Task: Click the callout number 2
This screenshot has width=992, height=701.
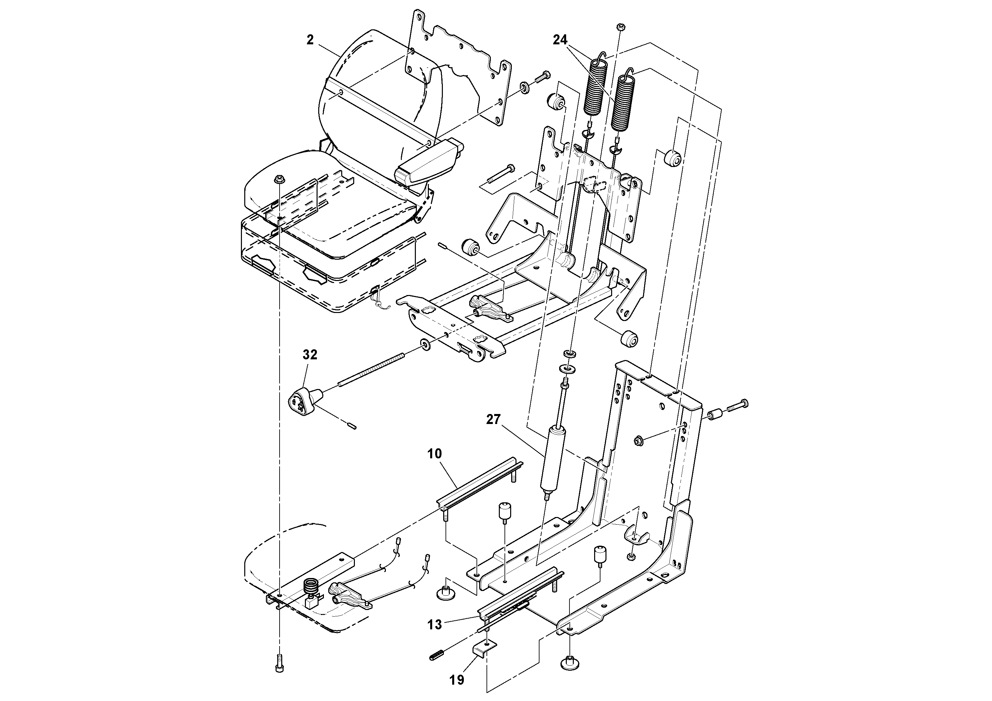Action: click(310, 40)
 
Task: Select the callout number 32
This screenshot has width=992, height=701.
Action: click(310, 355)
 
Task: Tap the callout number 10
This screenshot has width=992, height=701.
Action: click(435, 454)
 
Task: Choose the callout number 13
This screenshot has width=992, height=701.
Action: click(435, 625)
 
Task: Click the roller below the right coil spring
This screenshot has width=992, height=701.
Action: click(673, 158)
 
